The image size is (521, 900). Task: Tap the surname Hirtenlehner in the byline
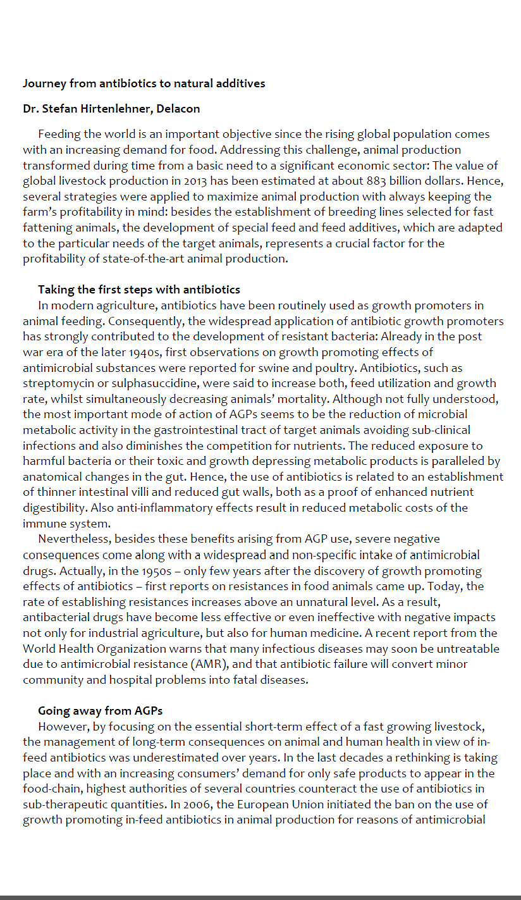[118, 109]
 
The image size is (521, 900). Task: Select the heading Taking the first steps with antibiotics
[139, 290]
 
